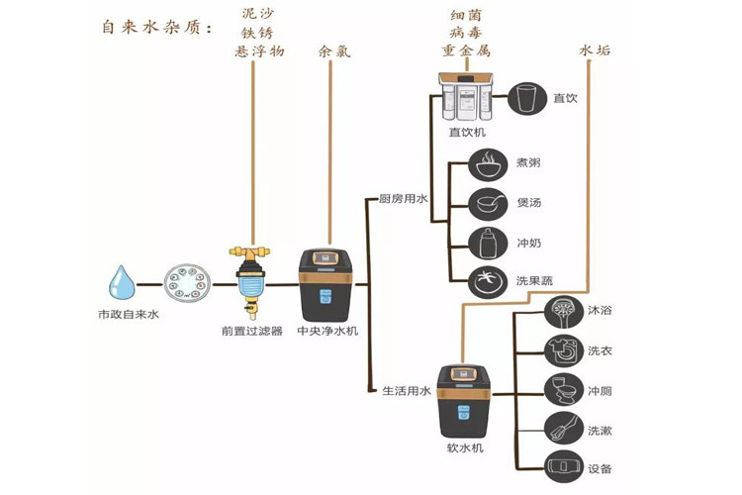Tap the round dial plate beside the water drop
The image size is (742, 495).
click(x=187, y=283)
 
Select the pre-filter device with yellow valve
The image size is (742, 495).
click(x=249, y=282)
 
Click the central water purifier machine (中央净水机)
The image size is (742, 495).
click(x=325, y=285)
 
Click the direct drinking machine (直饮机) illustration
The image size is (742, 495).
click(x=467, y=96)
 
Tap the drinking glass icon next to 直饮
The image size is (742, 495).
click(x=527, y=99)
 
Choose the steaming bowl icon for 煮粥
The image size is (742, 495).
click(x=488, y=164)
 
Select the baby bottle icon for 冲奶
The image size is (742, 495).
click(x=488, y=244)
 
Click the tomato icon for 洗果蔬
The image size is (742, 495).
click(x=488, y=281)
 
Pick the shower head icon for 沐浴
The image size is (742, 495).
click(x=564, y=312)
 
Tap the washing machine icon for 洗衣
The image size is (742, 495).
click(x=564, y=351)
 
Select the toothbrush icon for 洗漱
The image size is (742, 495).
click(x=564, y=428)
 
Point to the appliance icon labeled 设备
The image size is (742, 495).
click(x=564, y=467)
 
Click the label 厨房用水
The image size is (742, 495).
click(x=404, y=198)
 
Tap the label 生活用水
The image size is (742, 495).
click(x=406, y=391)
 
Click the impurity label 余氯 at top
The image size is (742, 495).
click(x=334, y=51)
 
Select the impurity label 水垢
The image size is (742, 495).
click(x=595, y=50)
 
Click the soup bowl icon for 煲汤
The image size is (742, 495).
click(x=488, y=204)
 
